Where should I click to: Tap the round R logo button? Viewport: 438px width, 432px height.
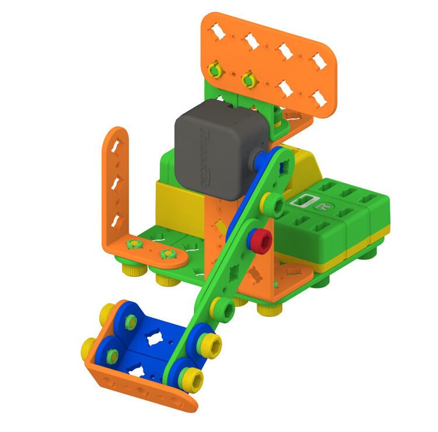(x=321, y=205)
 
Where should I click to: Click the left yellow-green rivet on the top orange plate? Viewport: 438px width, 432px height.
(x=216, y=70)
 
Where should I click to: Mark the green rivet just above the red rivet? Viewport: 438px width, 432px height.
(x=272, y=203)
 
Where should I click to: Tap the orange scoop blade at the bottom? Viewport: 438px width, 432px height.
(x=140, y=388)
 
